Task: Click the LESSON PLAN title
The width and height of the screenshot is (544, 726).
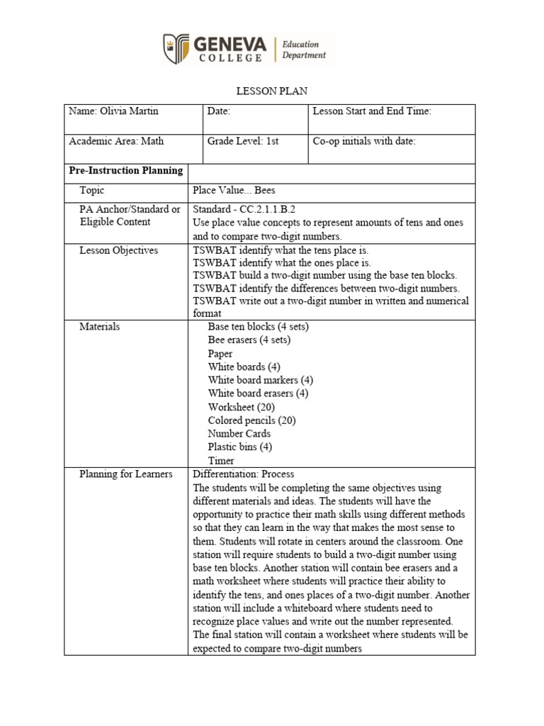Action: pyautogui.click(x=271, y=92)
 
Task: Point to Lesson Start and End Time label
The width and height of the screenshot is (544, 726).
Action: pyautogui.click(x=371, y=111)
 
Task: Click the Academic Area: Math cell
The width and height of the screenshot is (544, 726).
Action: pyautogui.click(x=116, y=141)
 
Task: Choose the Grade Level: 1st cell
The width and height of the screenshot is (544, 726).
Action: pyautogui.click(x=243, y=141)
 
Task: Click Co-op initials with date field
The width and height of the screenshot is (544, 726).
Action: pyautogui.click(x=364, y=141)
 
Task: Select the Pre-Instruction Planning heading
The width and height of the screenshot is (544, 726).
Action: pyautogui.click(x=125, y=171)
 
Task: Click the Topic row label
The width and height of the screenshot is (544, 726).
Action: pyautogui.click(x=92, y=191)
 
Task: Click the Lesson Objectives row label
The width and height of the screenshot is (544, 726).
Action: pyautogui.click(x=119, y=250)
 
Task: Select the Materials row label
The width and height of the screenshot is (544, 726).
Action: pyautogui.click(x=100, y=327)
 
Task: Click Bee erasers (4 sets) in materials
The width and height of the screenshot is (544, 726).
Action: pyautogui.click(x=249, y=340)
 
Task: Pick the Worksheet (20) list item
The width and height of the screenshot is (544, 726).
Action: pyautogui.click(x=241, y=407)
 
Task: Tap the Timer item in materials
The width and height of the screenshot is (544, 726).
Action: pyautogui.click(x=221, y=461)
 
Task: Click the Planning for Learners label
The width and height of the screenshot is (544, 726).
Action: pyautogui.click(x=126, y=474)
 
